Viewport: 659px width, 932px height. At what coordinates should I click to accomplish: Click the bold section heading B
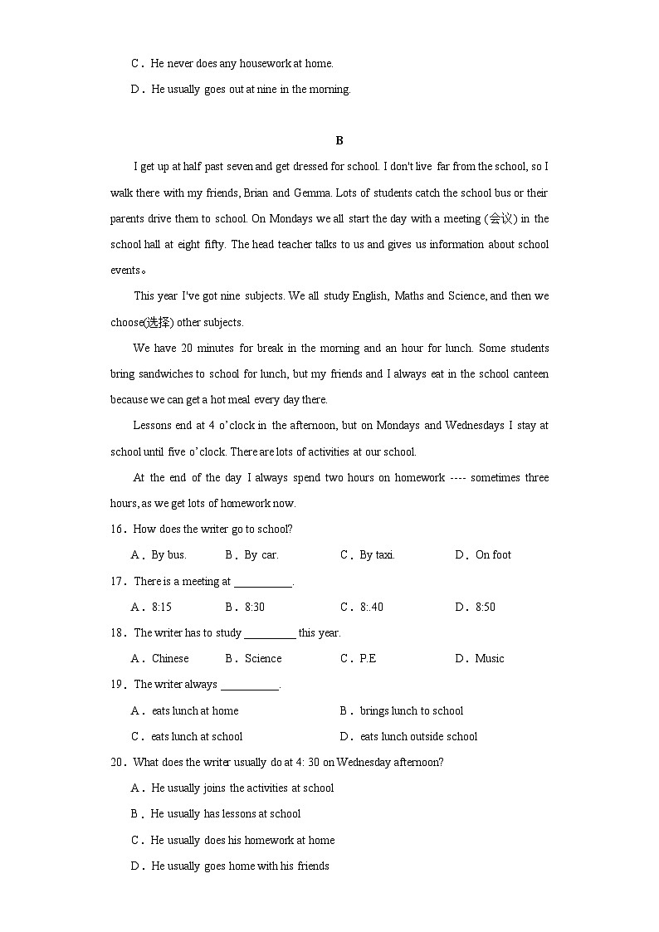[x=339, y=140]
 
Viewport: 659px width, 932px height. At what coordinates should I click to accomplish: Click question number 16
[x=117, y=529]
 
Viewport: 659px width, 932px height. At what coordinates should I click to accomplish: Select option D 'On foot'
[x=493, y=555]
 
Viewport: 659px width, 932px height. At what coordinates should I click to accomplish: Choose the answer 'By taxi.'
[x=377, y=555]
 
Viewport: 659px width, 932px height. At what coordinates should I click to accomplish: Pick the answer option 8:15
[x=161, y=608]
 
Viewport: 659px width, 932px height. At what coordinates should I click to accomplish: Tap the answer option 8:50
[x=485, y=608]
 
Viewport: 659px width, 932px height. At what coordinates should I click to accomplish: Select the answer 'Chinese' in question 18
[x=170, y=659]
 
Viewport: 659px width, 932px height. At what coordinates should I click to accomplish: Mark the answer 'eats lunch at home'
[x=195, y=711]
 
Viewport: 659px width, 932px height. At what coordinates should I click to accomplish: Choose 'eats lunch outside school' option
[x=418, y=737]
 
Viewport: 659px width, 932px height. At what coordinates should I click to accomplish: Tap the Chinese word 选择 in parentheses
[x=158, y=323]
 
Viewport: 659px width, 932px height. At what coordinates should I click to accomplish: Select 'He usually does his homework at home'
[x=242, y=841]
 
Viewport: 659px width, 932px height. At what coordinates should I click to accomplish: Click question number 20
[x=117, y=763]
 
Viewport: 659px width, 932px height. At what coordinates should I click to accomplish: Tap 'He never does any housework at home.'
[x=242, y=64]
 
